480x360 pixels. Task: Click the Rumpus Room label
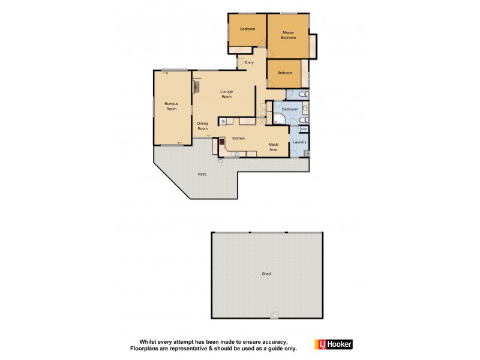pos(172,106)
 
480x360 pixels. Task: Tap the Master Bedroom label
pos(289,35)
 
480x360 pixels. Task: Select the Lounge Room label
pos(226,94)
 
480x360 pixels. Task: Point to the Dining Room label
pos(203,126)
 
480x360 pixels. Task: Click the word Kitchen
pos(238,139)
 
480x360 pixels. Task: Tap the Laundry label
pos(299,142)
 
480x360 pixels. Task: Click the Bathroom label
pos(290,109)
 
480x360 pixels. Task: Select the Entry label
pos(250,62)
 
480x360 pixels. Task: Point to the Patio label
pos(203,175)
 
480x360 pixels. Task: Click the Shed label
pos(266,274)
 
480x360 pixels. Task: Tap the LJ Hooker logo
pos(334,344)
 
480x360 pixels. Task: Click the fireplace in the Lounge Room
pos(196,86)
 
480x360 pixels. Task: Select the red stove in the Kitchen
pos(221,142)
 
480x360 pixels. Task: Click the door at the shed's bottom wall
pos(274,316)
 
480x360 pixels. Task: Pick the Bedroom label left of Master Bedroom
pos(248,29)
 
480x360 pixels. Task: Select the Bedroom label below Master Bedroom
pos(285,73)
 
